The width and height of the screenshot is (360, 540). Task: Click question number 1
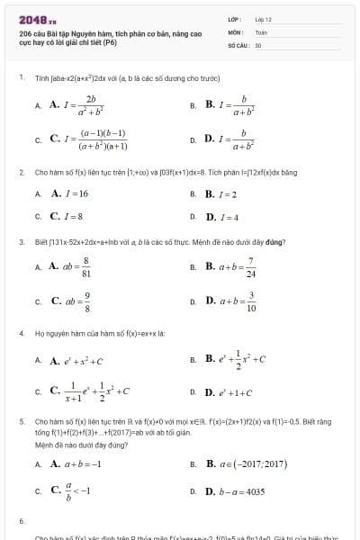tap(21, 77)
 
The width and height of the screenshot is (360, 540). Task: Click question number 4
tap(21, 333)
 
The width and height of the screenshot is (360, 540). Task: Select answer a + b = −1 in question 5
tap(76, 464)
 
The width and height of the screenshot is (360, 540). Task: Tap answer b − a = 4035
tap(235, 491)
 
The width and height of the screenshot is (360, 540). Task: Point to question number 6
tap(21, 521)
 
